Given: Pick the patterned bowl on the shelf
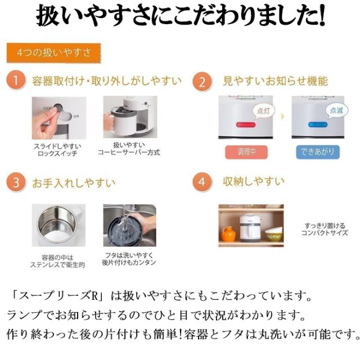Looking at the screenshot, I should [x=274, y=235].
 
